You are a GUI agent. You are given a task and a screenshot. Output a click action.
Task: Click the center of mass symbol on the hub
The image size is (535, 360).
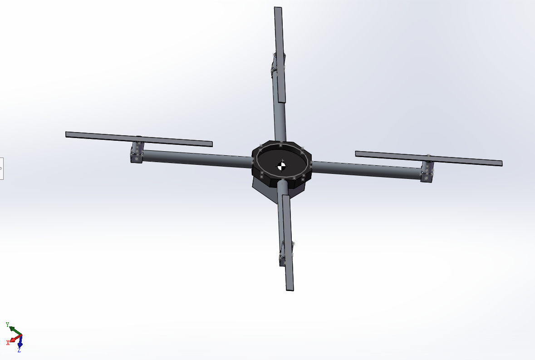click(x=282, y=166)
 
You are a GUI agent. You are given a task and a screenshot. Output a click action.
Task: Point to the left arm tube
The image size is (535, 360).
click(x=195, y=158)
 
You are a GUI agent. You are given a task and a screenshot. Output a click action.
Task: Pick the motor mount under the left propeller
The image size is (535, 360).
click(x=137, y=152)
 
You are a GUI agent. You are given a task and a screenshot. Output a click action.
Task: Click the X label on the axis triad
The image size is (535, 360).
click(x=8, y=342)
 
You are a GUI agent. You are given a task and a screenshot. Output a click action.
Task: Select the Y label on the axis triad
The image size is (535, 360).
click(x=7, y=325)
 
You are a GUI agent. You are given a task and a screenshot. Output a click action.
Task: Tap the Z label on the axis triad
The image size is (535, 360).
click(x=19, y=350)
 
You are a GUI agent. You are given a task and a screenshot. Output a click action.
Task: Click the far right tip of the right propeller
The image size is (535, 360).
click(x=501, y=163)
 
